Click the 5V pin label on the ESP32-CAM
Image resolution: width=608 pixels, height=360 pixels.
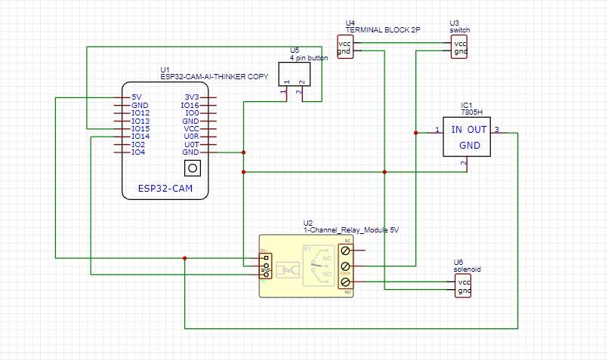pyautogui.click(x=136, y=97)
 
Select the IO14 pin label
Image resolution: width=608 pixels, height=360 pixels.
pyautogui.click(x=140, y=137)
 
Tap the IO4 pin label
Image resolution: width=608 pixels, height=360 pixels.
pyautogui.click(x=138, y=152)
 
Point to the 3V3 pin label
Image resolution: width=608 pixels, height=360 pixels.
pyautogui.click(x=191, y=97)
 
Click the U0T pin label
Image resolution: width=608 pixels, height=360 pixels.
pyautogui.click(x=191, y=144)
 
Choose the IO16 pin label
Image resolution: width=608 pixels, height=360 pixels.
pyautogui.click(x=190, y=106)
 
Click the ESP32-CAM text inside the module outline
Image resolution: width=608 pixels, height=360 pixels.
pyautogui.click(x=165, y=188)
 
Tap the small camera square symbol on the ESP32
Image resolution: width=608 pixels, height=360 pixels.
pyautogui.click(x=193, y=168)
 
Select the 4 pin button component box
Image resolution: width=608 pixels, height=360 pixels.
pyautogui.click(x=293, y=73)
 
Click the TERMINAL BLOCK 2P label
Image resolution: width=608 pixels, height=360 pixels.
pyautogui.click(x=382, y=30)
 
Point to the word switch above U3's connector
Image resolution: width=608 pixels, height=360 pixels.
pyautogui.click(x=459, y=30)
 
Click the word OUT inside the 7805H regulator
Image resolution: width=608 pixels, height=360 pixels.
pyautogui.click(x=478, y=130)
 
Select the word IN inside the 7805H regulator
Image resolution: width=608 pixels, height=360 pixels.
pyautogui.click(x=458, y=130)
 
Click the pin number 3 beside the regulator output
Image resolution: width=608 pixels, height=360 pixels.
pyautogui.click(x=496, y=131)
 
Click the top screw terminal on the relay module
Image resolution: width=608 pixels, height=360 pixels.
pyautogui.click(x=346, y=250)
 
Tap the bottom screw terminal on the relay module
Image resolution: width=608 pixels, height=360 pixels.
pyautogui.click(x=346, y=282)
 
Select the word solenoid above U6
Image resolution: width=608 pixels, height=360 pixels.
pyautogui.click(x=467, y=269)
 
